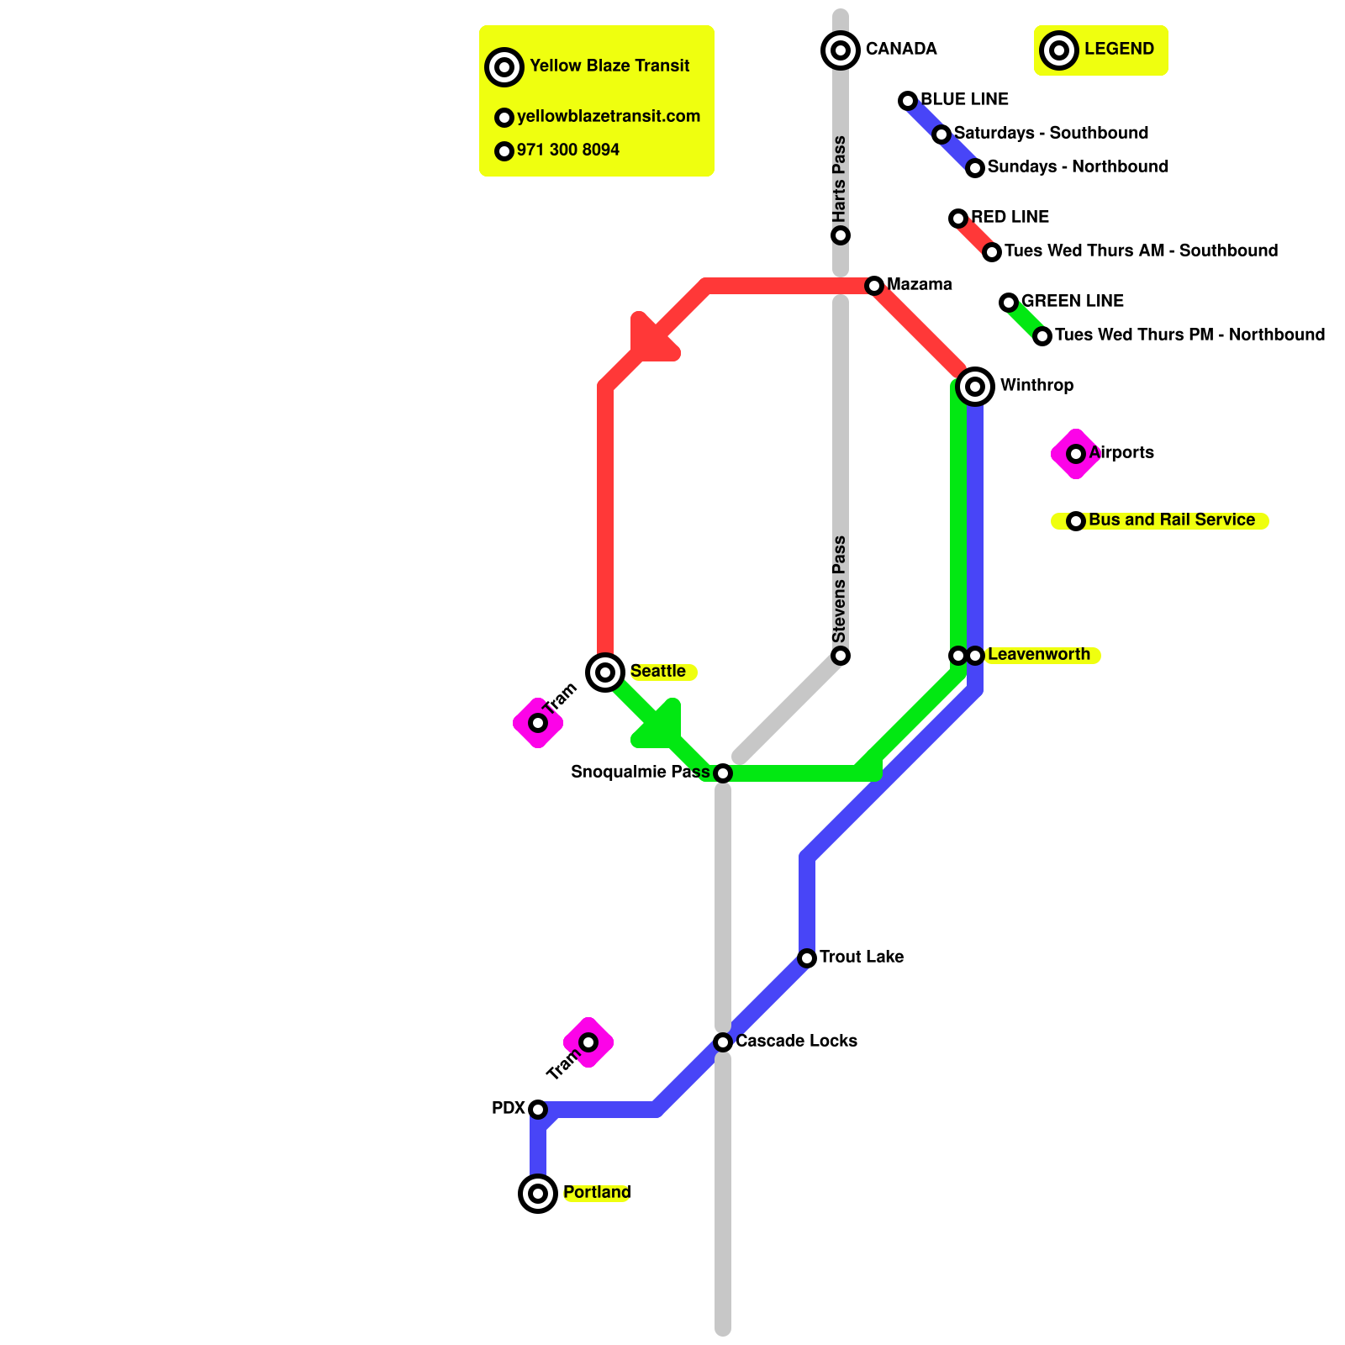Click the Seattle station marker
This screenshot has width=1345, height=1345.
point(605,672)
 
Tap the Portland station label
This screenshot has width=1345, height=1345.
point(597,1193)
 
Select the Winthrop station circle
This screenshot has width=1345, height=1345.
point(975,387)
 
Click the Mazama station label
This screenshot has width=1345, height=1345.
point(920,284)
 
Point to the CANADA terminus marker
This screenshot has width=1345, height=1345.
point(841,50)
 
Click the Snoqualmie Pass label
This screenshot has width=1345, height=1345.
point(641,772)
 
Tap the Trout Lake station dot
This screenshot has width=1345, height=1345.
point(807,958)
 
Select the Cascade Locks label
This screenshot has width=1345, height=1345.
point(796,1041)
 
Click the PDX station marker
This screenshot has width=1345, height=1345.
point(538,1110)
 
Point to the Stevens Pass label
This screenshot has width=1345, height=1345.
point(840,589)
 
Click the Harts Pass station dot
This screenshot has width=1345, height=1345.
point(841,235)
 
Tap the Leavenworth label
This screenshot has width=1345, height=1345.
point(1039,654)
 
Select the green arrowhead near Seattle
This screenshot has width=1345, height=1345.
point(660,725)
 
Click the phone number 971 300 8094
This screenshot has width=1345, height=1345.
point(568,150)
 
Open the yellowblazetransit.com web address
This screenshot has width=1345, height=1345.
point(609,116)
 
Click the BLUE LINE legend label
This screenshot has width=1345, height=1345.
point(964,99)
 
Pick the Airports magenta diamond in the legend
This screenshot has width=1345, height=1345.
point(1076,454)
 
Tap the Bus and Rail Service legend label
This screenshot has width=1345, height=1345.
point(1172,520)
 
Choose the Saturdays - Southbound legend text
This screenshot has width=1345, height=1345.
point(1051,133)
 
